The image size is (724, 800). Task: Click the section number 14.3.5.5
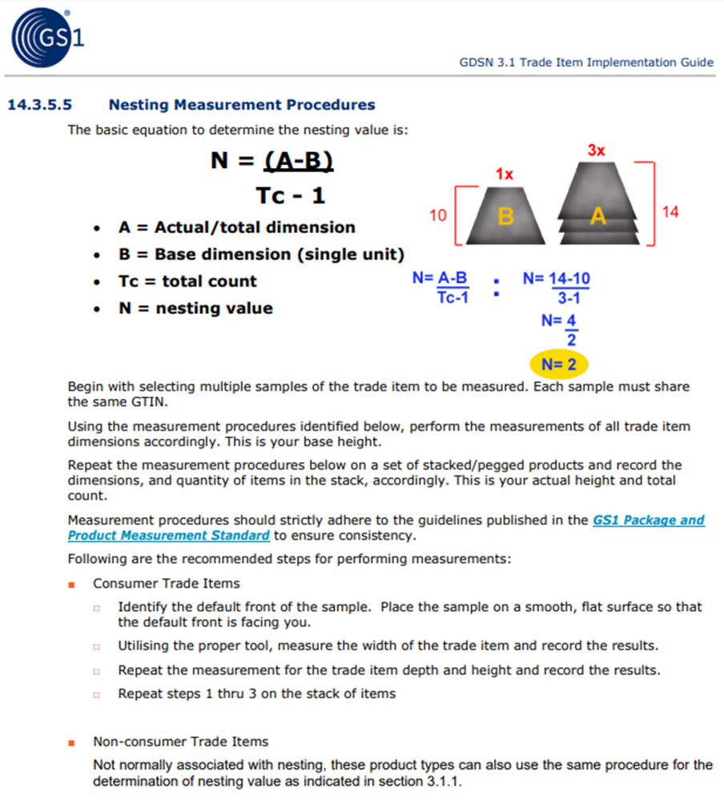coord(39,105)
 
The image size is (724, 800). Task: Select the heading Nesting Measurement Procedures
coord(241,105)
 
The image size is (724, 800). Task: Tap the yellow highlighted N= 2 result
coord(559,364)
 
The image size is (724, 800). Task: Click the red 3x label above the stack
coord(596,150)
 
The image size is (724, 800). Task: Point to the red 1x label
coord(504,173)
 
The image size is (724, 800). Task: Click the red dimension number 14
coord(670,211)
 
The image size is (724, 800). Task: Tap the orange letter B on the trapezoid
coord(505,216)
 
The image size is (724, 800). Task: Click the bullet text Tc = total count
coord(187,281)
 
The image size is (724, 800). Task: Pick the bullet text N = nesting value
coord(195,308)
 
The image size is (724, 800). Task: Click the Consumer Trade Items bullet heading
coord(167,583)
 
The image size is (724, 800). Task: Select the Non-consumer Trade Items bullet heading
coord(180,742)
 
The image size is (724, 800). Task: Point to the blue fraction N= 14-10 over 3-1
coord(557,288)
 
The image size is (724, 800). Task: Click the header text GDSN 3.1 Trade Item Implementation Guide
coord(586,62)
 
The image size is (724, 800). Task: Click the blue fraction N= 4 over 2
coord(560,328)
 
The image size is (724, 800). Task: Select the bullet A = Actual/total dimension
coord(236,227)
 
